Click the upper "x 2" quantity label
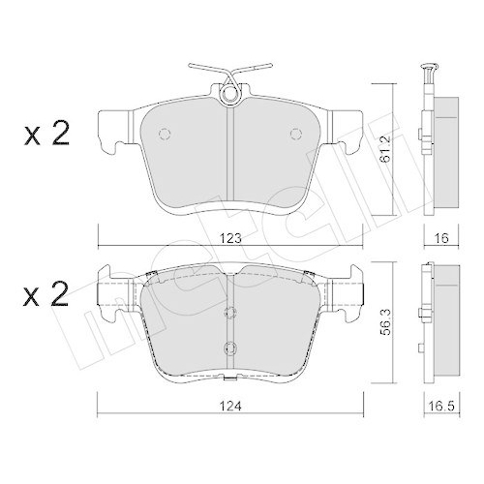tap(45, 136)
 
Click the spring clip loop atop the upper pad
tap(229, 94)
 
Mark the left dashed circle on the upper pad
tap(163, 134)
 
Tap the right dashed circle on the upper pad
tap(296, 134)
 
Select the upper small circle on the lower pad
tap(229, 312)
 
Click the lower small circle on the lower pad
tap(229, 347)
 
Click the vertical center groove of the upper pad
tap(229, 155)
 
